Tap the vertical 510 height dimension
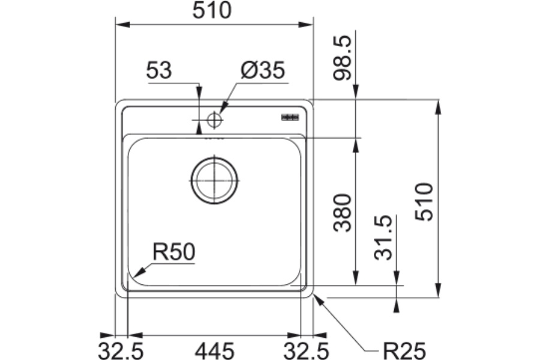[424, 202]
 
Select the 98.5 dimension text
[343, 58]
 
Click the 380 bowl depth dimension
[343, 212]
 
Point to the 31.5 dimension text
[383, 238]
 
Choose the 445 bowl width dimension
[215, 351]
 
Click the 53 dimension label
[159, 70]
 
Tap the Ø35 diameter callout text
[263, 70]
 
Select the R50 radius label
[174, 251]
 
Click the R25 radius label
[404, 351]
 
